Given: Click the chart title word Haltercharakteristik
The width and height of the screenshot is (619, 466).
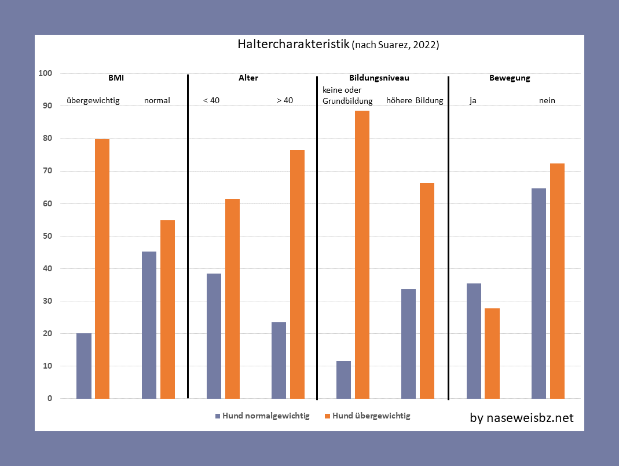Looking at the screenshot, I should pyautogui.click(x=294, y=45).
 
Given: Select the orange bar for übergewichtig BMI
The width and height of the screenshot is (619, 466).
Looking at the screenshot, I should pyautogui.click(x=102, y=268).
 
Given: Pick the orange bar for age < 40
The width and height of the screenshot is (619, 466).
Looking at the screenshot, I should pyautogui.click(x=232, y=298).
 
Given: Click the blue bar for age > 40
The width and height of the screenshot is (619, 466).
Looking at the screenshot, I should pyautogui.click(x=279, y=360).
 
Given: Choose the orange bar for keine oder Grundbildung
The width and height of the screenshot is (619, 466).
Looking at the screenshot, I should pyautogui.click(x=362, y=254).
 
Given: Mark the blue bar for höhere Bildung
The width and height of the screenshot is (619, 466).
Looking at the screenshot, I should pyautogui.click(x=408, y=344).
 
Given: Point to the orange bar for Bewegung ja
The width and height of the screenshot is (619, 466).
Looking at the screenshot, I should pyautogui.click(x=492, y=353).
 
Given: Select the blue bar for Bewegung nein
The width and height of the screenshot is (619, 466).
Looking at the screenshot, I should pyautogui.click(x=539, y=293).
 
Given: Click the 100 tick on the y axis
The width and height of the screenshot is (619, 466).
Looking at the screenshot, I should pyautogui.click(x=45, y=74).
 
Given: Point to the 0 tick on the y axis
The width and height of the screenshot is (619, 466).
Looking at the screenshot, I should pyautogui.click(x=50, y=399).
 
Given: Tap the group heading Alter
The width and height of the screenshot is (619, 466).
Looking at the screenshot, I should pyautogui.click(x=248, y=78).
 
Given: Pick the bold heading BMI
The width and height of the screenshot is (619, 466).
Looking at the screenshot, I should pyautogui.click(x=116, y=78).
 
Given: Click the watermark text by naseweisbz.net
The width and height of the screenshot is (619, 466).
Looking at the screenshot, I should pyautogui.click(x=522, y=417).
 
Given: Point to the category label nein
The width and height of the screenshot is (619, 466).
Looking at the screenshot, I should pyautogui.click(x=547, y=100).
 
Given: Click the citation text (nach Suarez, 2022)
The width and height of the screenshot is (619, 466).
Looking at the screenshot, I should pyautogui.click(x=395, y=45).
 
